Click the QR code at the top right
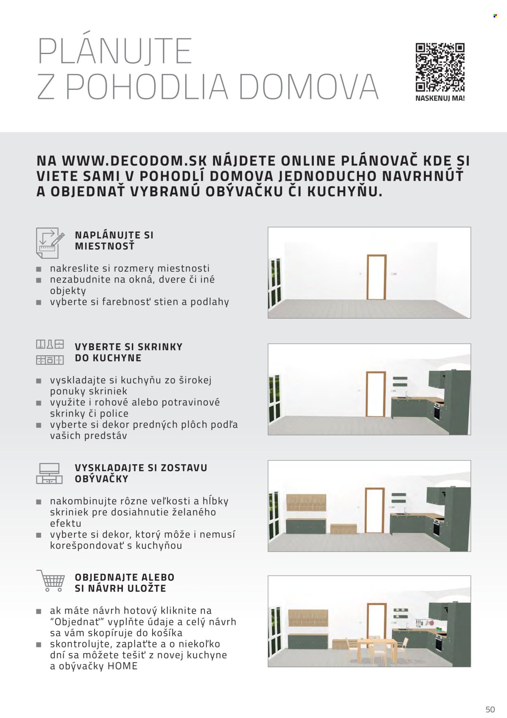[x=440, y=67]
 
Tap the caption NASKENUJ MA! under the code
[x=440, y=98]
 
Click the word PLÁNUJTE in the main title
[x=115, y=51]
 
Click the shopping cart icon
[x=51, y=580]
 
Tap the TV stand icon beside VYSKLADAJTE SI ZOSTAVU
[x=49, y=474]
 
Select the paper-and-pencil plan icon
[x=49, y=242]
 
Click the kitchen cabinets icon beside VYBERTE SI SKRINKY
[x=49, y=352]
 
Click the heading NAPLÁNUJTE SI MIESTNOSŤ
[x=114, y=240]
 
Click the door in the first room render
[x=376, y=277]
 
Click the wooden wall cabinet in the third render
[x=306, y=502]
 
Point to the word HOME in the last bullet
[x=122, y=666]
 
